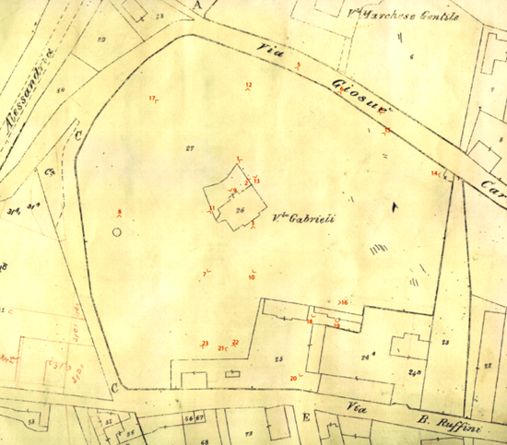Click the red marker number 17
(x=152, y=99)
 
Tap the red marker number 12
(x=248, y=86)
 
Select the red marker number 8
(x=120, y=213)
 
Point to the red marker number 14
(x=434, y=173)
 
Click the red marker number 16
(x=344, y=301)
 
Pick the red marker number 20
(x=293, y=378)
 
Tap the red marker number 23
(x=205, y=344)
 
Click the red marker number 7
(x=205, y=273)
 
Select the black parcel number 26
(x=240, y=211)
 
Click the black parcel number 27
(x=190, y=148)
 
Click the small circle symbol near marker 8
(x=116, y=231)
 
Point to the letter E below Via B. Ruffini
(x=305, y=417)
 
